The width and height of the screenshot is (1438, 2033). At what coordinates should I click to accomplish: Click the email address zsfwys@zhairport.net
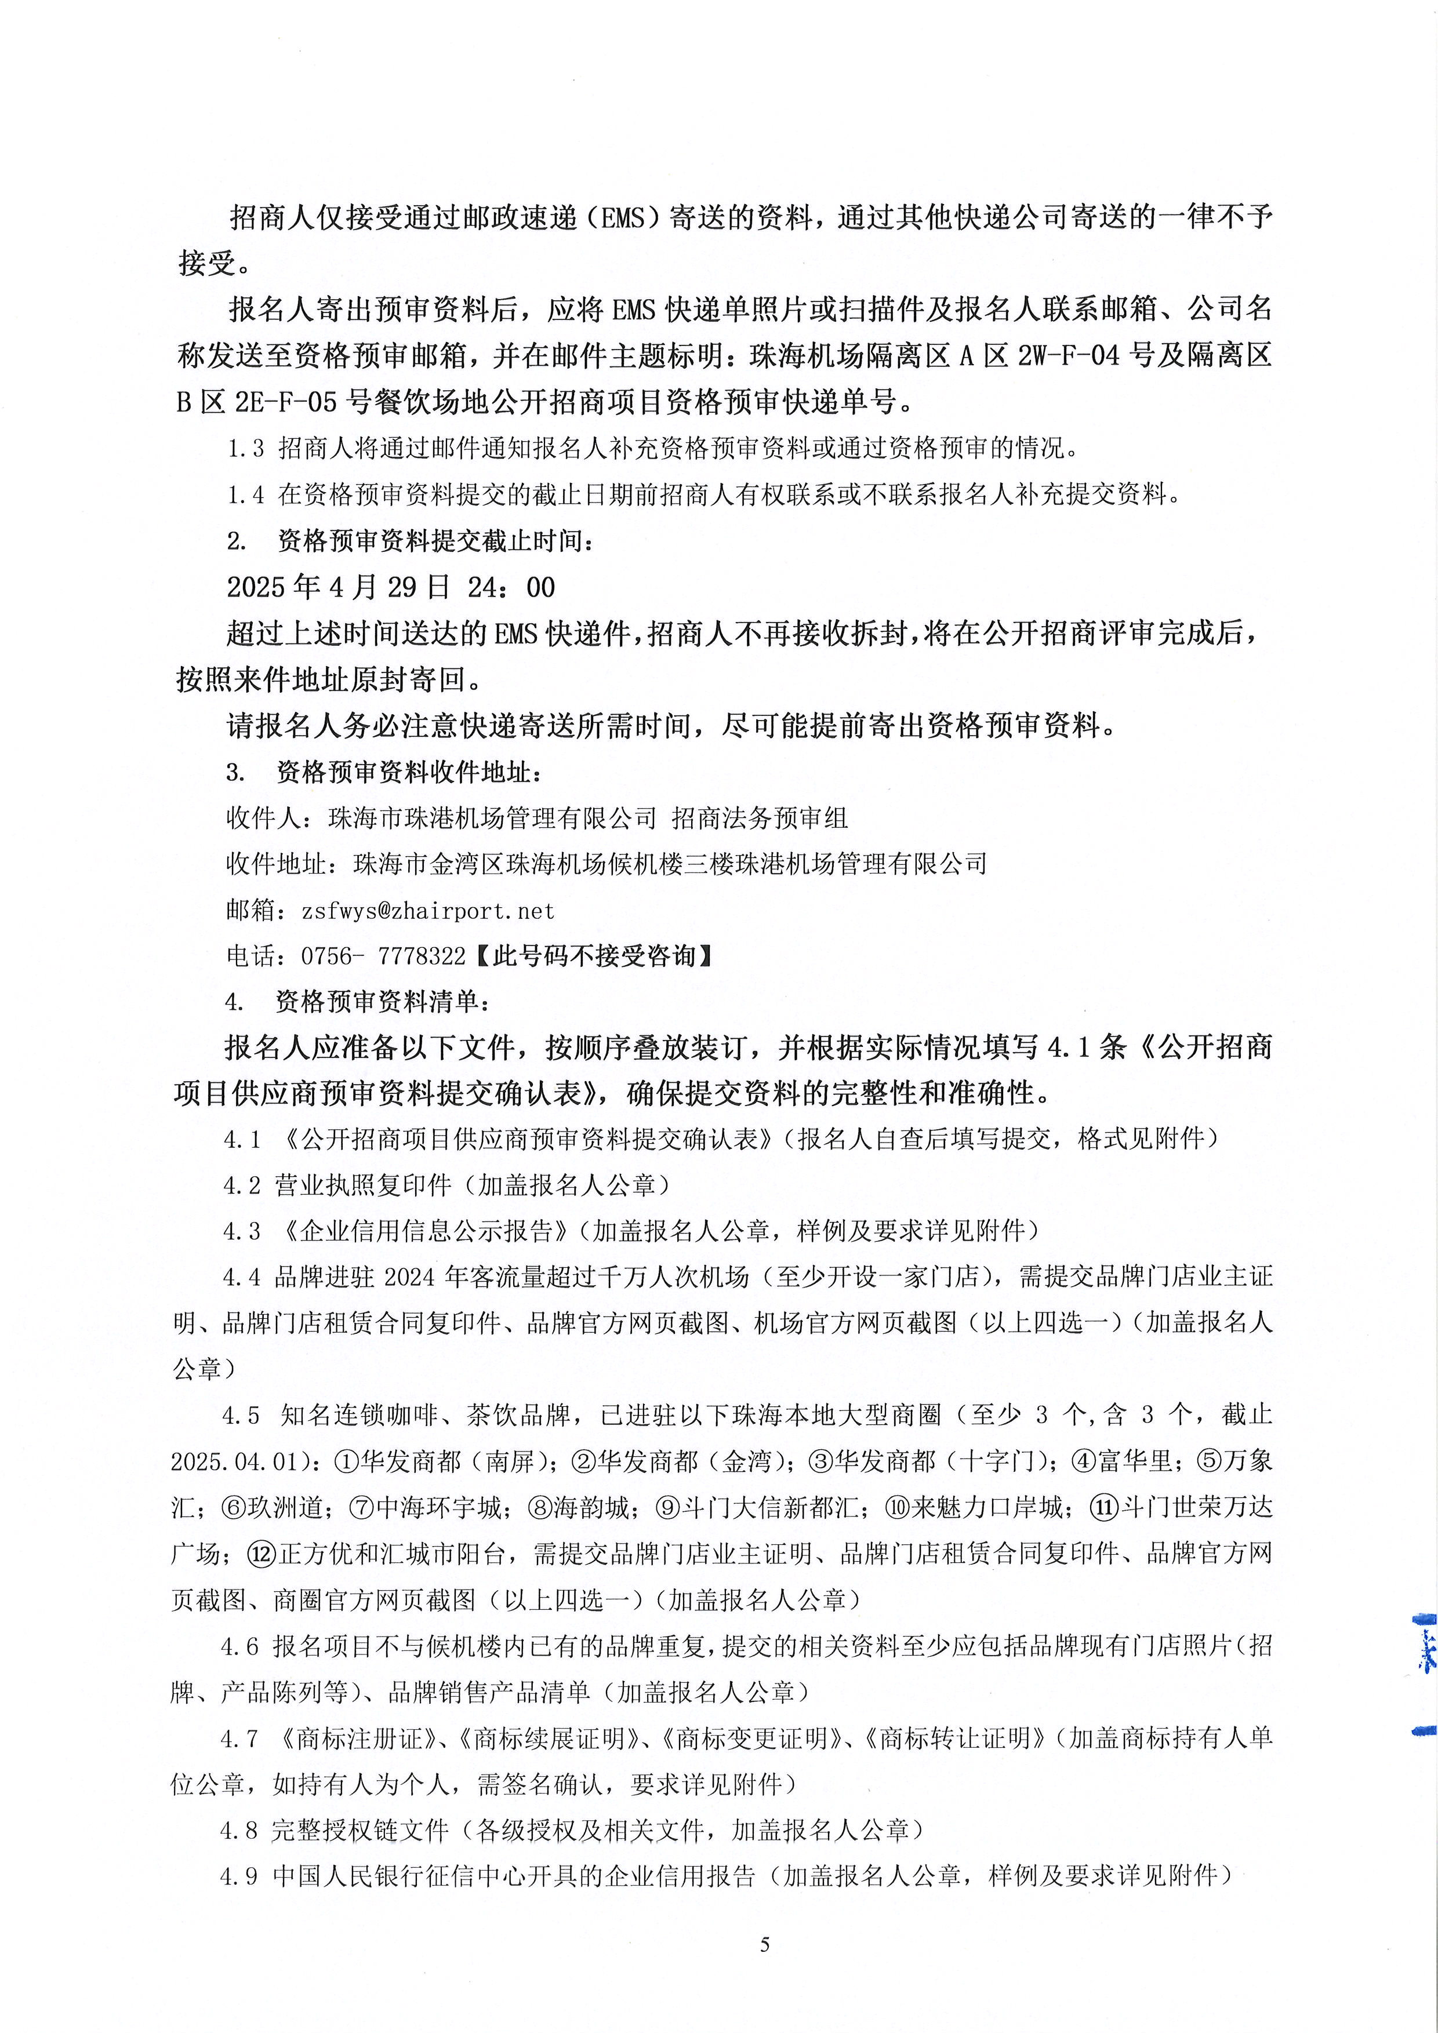tap(428, 910)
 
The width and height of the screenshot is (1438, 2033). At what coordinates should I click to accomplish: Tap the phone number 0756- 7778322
tap(383, 957)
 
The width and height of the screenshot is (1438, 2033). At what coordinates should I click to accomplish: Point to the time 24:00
tap(514, 587)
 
